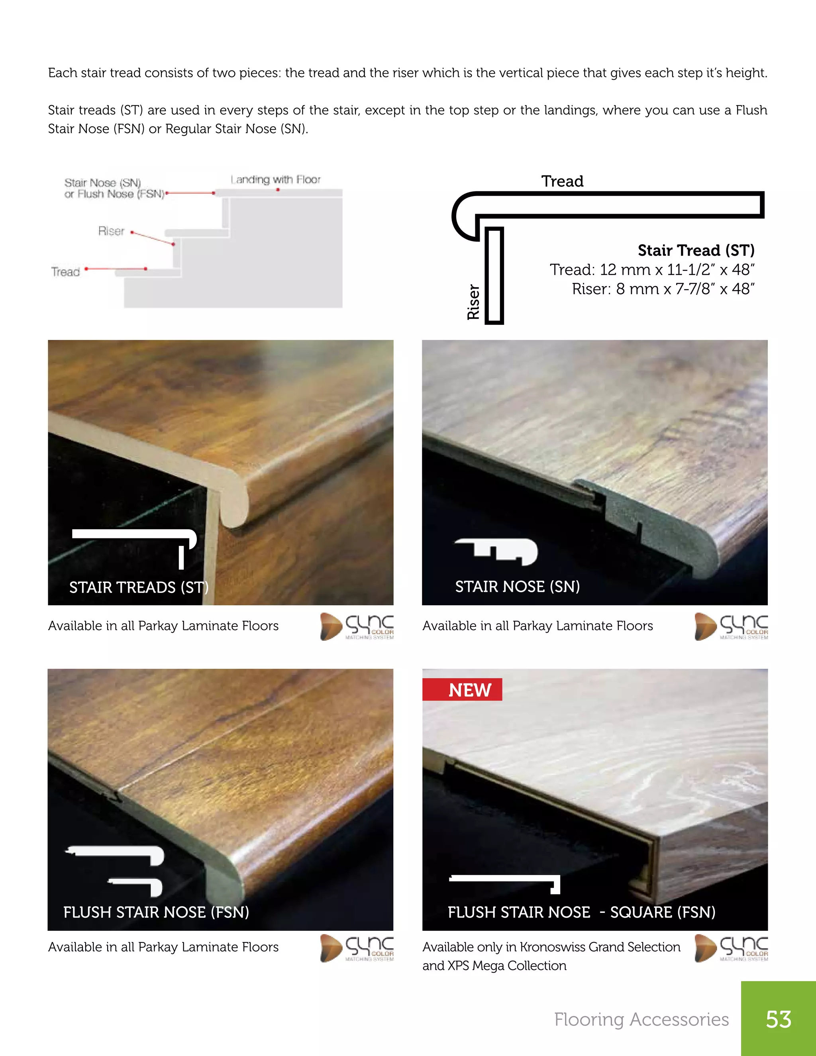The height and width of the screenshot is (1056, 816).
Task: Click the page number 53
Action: (778, 1019)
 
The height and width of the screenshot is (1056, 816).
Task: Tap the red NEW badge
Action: (462, 689)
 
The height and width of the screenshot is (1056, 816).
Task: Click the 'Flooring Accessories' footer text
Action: (641, 1019)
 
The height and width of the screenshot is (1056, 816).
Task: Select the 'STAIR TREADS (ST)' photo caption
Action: (139, 587)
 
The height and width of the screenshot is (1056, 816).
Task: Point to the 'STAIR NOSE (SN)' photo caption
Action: (517, 587)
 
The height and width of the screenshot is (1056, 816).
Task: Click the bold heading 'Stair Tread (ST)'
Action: (696, 251)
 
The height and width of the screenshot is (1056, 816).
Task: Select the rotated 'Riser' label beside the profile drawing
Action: (473, 302)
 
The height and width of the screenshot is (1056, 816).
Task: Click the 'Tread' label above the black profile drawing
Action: (562, 181)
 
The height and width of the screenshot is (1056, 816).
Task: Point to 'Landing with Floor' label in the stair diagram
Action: (276, 180)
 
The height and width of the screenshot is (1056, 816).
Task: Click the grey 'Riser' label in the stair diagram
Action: (111, 231)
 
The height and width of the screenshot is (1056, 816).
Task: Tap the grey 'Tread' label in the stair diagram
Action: (65, 272)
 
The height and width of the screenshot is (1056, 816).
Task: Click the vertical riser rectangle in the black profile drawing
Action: (494, 276)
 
